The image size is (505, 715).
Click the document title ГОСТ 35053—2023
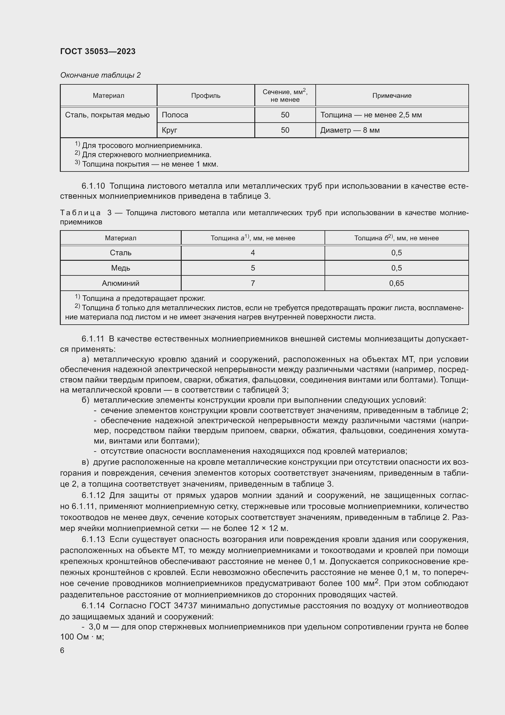[98, 51]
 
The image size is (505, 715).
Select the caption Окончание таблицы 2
[100, 75]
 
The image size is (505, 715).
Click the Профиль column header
[205, 96]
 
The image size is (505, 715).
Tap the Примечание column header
[391, 96]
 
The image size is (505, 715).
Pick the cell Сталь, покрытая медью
[107, 115]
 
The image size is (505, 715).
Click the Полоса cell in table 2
[175, 115]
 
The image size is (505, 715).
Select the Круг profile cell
[169, 130]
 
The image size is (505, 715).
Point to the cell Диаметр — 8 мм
[350, 130]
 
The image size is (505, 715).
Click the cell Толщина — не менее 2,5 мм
[371, 115]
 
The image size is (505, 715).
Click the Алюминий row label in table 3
[120, 283]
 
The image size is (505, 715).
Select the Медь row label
[120, 268]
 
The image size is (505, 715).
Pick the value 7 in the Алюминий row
[252, 283]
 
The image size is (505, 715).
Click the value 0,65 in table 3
[396, 283]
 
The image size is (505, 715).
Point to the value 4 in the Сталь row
[252, 252]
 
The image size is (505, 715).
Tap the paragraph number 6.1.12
[93, 495]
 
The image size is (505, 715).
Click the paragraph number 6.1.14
[93, 606]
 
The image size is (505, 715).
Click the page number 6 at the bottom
[62, 650]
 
